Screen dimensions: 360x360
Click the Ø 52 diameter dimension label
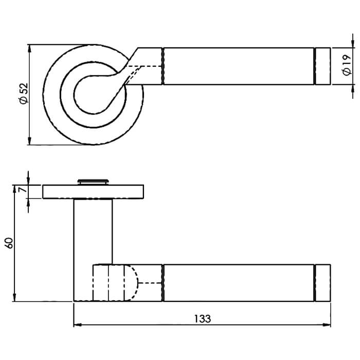pyautogui.click(x=24, y=94)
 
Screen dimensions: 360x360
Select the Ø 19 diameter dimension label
pyautogui.click(x=347, y=65)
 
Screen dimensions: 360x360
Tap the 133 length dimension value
pyautogui.click(x=203, y=319)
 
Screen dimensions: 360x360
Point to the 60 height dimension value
pyautogui.click(x=9, y=243)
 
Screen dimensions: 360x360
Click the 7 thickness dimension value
pyautogui.click(x=23, y=190)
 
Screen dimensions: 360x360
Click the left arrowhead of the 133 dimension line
pyautogui.click(x=77, y=325)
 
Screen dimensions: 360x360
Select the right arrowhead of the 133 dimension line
pyautogui.click(x=327, y=325)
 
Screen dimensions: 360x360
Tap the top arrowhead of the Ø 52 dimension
pyautogui.click(x=29, y=48)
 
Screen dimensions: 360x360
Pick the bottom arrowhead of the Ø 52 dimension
pyautogui.click(x=29, y=141)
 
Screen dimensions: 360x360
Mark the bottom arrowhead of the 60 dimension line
pyautogui.click(x=14, y=297)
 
